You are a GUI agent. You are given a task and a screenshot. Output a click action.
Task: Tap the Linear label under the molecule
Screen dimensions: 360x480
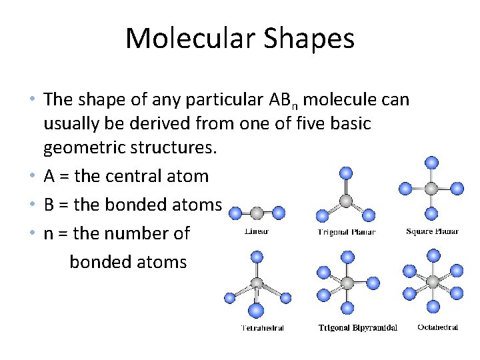[x=257, y=232]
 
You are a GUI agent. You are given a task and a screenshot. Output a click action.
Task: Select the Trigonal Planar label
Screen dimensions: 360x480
[x=345, y=232]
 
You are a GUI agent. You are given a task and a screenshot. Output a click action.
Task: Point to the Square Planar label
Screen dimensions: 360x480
[x=432, y=232]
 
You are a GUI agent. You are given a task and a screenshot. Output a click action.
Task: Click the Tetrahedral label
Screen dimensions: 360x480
[x=262, y=328]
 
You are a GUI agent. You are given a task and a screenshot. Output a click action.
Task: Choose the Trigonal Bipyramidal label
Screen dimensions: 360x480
[x=358, y=328]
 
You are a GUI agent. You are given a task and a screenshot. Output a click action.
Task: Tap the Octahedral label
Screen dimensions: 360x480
[x=437, y=327]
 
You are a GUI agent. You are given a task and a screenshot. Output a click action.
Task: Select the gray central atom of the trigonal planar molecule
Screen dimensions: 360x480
[x=345, y=201]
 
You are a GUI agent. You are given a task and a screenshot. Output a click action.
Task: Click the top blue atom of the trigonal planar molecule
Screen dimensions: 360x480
[x=345, y=173]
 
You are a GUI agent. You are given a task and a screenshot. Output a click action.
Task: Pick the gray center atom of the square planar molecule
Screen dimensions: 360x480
[x=431, y=189]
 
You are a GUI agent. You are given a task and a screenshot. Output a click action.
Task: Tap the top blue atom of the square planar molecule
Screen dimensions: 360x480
[x=431, y=162]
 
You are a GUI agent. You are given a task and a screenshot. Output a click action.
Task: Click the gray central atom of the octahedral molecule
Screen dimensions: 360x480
[x=433, y=281]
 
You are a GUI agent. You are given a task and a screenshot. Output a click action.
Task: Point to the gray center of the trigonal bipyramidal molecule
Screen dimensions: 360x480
[x=347, y=283]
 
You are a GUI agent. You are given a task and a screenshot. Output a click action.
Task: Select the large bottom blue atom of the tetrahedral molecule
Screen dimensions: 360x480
[x=256, y=311]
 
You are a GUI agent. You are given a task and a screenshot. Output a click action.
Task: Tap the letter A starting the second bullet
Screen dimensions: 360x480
[x=49, y=177]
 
